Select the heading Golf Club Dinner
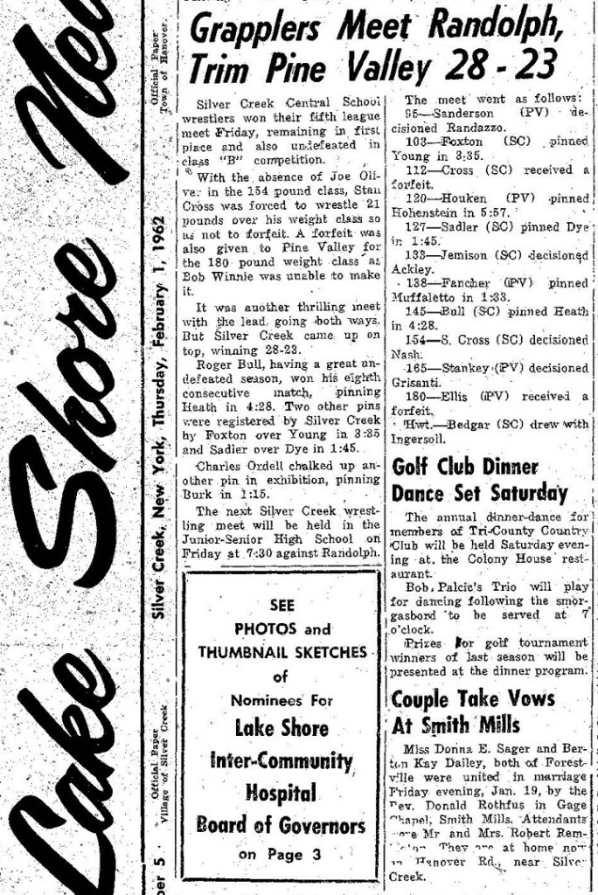click(x=464, y=468)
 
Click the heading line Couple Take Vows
click(x=472, y=698)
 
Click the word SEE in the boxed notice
click(x=282, y=605)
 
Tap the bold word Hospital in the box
click(x=281, y=793)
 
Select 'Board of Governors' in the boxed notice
click(x=281, y=825)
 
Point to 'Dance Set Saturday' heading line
click(x=479, y=493)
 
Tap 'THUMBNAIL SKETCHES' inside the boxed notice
click(x=282, y=652)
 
